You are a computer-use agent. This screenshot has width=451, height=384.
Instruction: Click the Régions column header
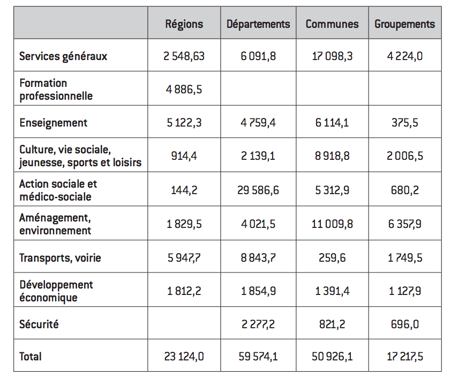point(184,24)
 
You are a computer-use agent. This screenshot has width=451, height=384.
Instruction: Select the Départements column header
point(258,24)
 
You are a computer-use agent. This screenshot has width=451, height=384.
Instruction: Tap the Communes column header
point(332,24)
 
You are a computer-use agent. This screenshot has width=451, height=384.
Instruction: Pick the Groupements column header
point(405,24)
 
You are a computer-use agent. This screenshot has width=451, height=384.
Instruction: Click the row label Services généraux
point(63,56)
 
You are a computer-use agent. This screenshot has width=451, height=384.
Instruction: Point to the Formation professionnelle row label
point(56,90)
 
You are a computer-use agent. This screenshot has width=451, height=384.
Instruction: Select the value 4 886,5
point(184,90)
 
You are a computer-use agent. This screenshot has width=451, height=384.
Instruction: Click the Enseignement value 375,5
point(405,123)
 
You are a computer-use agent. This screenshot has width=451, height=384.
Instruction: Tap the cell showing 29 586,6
point(258,190)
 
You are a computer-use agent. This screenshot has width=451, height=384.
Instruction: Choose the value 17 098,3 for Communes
point(332,56)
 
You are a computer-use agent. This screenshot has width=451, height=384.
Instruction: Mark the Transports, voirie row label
point(60,258)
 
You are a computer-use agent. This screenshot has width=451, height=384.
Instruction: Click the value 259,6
point(332,258)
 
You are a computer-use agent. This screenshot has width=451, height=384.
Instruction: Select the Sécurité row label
point(39,324)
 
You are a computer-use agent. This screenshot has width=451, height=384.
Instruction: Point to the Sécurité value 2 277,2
point(258,324)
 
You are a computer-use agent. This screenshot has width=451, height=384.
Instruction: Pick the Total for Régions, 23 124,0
point(184,357)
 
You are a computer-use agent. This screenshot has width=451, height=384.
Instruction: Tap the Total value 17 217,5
point(405,357)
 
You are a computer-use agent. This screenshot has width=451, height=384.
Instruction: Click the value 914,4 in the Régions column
point(184,156)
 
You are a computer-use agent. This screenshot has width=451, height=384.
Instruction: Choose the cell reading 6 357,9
point(405,224)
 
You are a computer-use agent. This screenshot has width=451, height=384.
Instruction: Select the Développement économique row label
point(56,291)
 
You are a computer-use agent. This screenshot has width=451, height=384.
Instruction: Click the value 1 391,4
point(332,291)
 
